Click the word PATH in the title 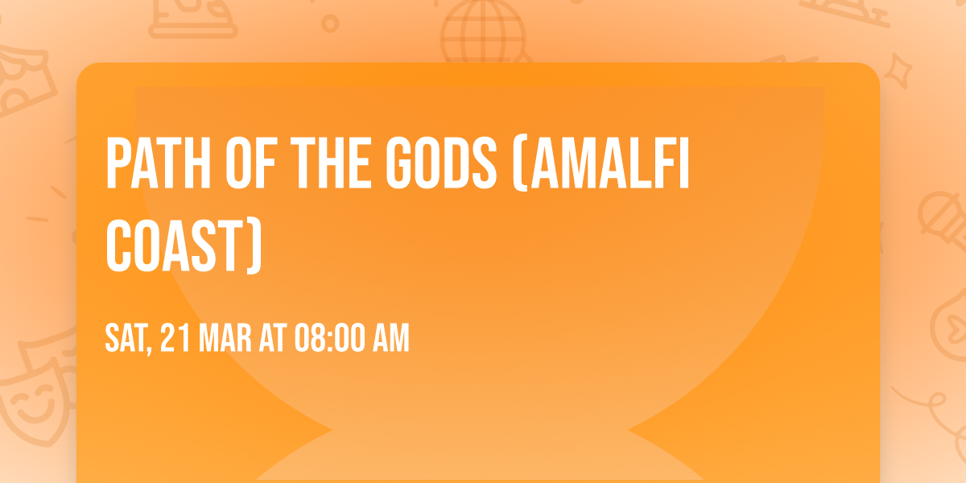[x=159, y=163]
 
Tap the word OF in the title [x=251, y=163]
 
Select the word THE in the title [x=330, y=163]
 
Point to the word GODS [x=441, y=163]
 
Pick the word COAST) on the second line [x=184, y=246]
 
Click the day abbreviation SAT [x=126, y=338]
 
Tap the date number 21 [x=175, y=338]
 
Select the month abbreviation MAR [x=225, y=338]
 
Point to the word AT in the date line [x=273, y=338]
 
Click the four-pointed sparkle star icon [x=898, y=70]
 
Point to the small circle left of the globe [x=330, y=23]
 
